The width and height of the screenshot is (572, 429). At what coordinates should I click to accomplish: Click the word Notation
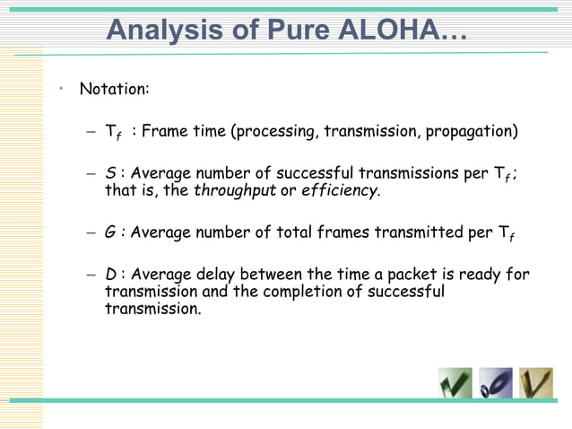pos(115,90)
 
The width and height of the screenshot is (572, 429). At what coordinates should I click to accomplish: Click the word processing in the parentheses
pos(272,133)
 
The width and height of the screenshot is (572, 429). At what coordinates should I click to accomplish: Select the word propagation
pos(472,133)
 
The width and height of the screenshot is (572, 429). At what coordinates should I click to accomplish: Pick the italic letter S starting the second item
pos(109,173)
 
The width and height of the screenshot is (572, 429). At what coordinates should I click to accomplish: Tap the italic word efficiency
pos(340,190)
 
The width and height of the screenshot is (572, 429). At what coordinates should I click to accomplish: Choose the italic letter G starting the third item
pos(109,232)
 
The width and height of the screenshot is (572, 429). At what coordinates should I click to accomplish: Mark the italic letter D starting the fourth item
pos(109,275)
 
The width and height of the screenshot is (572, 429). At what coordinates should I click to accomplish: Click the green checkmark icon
pos(455,382)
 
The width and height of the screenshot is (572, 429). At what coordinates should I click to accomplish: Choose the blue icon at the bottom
pos(496,382)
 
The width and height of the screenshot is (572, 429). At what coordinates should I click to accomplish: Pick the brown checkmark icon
pos(536,382)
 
